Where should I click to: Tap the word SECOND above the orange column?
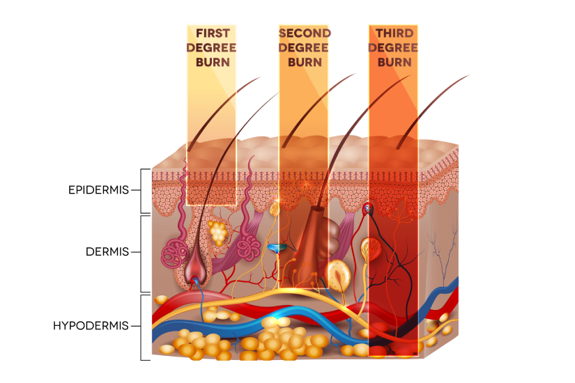tap(304, 33)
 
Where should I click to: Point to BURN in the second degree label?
tap(304, 61)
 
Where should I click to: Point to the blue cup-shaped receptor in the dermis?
tap(277, 249)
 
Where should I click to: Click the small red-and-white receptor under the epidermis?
tap(367, 207)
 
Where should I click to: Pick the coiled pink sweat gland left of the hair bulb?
tap(173, 251)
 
